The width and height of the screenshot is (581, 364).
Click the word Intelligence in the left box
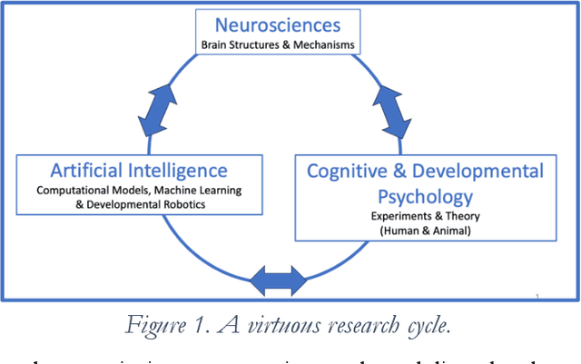180,170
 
